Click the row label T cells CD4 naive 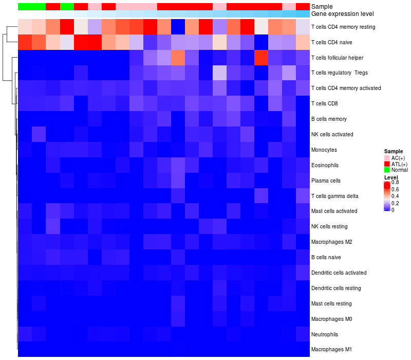coord(331,42)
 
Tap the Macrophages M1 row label coord(331,350)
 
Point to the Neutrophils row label coord(325,334)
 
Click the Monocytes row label coord(324,150)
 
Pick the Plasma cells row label coord(326,181)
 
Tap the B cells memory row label coord(329,119)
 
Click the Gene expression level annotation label coord(343,14)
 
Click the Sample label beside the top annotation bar coord(322,6)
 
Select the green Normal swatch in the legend coord(387,170)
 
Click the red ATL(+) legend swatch coord(387,164)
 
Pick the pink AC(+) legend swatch coord(387,157)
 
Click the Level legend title coord(391,177)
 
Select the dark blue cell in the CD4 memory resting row coord(178,26)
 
